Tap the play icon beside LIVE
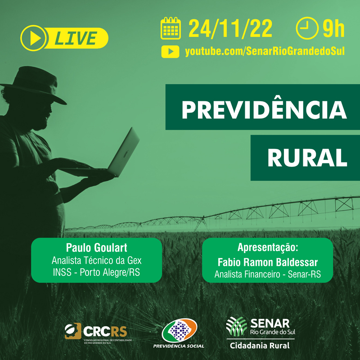pyautogui.click(x=34, y=38)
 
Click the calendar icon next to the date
pyautogui.click(x=171, y=28)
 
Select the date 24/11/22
pyautogui.click(x=230, y=28)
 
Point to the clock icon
pyautogui.click(x=306, y=28)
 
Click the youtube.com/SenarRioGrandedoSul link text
pyautogui.click(x=265, y=52)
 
